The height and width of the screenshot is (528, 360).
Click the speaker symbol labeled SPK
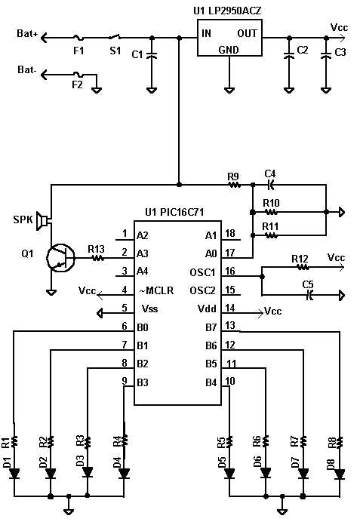coord(42,222)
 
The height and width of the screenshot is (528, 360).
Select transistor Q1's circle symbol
coord(60,258)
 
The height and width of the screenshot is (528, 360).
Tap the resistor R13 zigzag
coord(98,258)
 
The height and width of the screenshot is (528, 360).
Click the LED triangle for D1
coord(14,473)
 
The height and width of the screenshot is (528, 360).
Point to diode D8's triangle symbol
coord(340,474)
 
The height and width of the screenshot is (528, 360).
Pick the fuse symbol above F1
coord(78,38)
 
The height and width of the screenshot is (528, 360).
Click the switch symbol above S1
coord(115,37)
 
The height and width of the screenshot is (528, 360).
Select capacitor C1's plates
coord(152,55)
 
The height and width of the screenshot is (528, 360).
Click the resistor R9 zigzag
coord(234,185)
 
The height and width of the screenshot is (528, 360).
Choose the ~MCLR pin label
coord(156,290)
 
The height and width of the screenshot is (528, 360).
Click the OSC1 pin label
coord(202,272)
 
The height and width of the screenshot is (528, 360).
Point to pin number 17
coord(230,252)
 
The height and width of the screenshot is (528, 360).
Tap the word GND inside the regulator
coord(229,50)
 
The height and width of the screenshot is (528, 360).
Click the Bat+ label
coord(28,33)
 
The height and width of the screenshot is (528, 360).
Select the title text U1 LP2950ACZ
coord(227,11)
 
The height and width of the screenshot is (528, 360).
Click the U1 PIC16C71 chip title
coord(174,212)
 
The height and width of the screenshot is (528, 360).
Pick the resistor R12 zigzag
coord(303,268)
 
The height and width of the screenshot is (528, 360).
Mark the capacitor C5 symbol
coord(309,296)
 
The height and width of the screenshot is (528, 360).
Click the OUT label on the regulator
coord(247,33)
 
